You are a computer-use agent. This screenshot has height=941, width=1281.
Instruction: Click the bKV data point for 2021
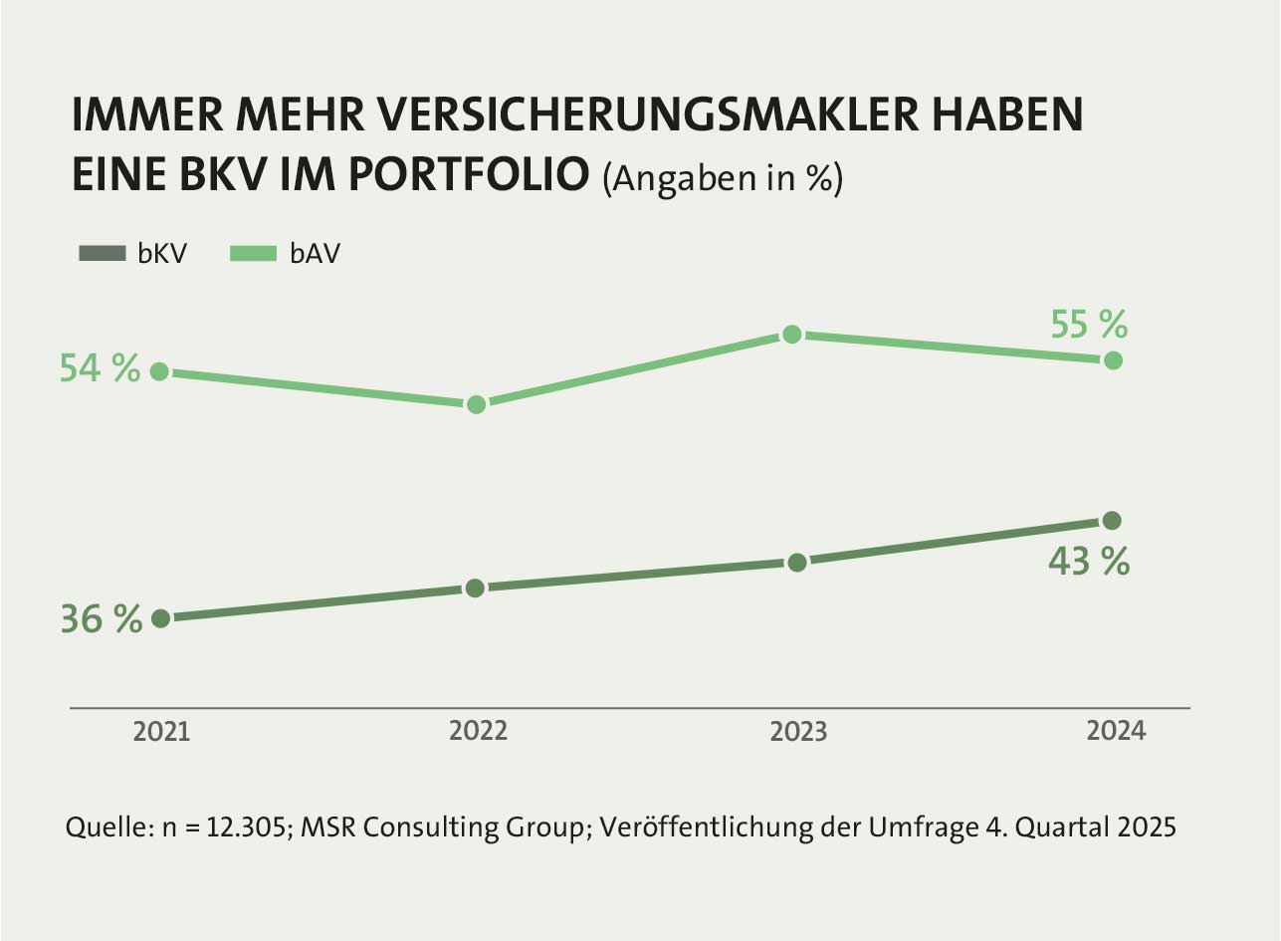tap(160, 618)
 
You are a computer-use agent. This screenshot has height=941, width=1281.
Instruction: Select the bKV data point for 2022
tap(476, 588)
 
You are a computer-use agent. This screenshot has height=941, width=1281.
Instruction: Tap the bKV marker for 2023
tap(796, 563)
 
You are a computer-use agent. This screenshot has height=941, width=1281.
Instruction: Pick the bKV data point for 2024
tap(1113, 520)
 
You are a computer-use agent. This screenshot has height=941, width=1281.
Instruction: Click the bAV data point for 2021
tap(159, 371)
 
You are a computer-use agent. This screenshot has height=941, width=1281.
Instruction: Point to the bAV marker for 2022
tap(476, 404)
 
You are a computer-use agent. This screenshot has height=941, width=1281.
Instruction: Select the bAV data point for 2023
tap(792, 334)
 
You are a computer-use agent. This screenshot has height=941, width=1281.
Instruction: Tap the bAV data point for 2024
tap(1114, 359)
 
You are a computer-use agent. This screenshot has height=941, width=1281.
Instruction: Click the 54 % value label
tap(100, 368)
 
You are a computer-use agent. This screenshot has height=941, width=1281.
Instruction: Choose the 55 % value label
tap(1089, 325)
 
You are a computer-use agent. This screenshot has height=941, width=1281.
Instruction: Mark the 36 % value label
tap(101, 619)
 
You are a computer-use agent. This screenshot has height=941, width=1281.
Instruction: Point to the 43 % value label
tap(1089, 562)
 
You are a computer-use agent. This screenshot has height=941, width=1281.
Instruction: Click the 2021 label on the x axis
tap(161, 731)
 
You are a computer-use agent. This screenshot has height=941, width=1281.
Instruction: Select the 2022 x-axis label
tap(478, 731)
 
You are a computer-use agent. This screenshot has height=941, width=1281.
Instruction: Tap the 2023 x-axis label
tap(798, 731)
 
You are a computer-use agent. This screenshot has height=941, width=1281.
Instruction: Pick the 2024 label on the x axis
tap(1117, 731)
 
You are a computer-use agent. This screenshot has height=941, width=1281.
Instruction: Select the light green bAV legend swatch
tap(252, 254)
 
